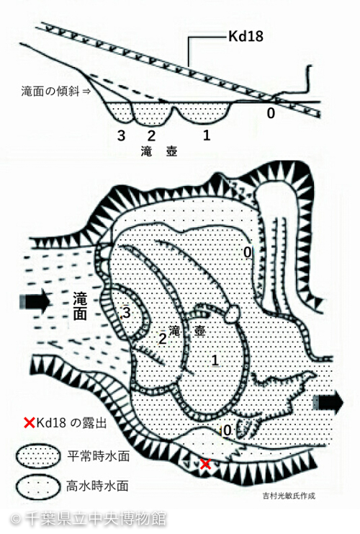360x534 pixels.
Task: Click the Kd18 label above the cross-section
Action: pyautogui.click(x=246, y=36)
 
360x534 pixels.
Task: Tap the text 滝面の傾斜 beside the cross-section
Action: pyautogui.click(x=50, y=92)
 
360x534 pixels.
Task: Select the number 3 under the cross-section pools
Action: pyautogui.click(x=121, y=136)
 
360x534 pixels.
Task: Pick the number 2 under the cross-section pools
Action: pyautogui.click(x=151, y=136)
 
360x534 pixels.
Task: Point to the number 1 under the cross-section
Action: pyautogui.click(x=207, y=135)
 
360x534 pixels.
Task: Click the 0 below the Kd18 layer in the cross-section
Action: pyautogui.click(x=271, y=113)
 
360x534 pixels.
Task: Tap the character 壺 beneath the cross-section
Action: pyautogui.click(x=171, y=151)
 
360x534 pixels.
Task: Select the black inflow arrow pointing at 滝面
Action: pyautogui.click(x=35, y=301)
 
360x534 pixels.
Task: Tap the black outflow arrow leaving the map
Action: pyautogui.click(x=328, y=403)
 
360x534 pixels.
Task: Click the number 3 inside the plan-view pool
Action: pyautogui.click(x=127, y=312)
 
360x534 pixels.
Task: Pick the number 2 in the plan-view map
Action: pyautogui.click(x=163, y=339)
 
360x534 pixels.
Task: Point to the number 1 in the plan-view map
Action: pyautogui.click(x=215, y=360)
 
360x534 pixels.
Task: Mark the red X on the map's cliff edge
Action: pyautogui.click(x=205, y=464)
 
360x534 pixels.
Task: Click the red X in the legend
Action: pyautogui.click(x=30, y=423)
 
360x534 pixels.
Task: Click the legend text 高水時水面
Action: pyautogui.click(x=98, y=486)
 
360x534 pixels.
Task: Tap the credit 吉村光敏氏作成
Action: pyautogui.click(x=289, y=496)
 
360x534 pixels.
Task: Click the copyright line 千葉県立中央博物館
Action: pyautogui.click(x=96, y=519)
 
